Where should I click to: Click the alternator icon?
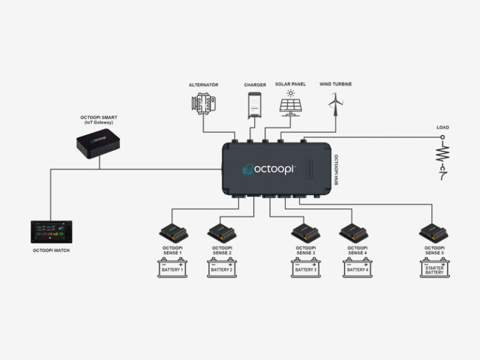coord(202,103)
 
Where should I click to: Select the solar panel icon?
coord(291,106)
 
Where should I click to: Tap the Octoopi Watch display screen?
coord(51,231)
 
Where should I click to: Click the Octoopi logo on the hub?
coord(269,169)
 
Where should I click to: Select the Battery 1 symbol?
coord(172,268)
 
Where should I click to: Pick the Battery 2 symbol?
coord(222,268)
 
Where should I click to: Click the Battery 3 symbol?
coord(306,268)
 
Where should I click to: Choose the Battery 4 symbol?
coord(357,268)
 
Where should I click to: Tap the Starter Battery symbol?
coord(434,268)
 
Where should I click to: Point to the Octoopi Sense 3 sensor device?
coord(306,233)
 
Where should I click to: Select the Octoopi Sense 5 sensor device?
coord(434,233)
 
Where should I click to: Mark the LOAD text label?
coord(443,127)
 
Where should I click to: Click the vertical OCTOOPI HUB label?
coord(336,169)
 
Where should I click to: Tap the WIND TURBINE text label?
coord(336,84)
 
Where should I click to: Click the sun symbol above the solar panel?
coord(291,93)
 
